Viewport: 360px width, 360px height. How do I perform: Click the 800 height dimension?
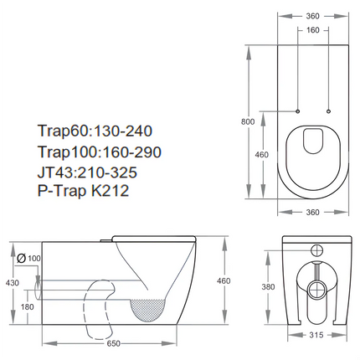point(247,122)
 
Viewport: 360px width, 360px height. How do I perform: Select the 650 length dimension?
point(112,343)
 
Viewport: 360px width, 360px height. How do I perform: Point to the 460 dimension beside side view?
point(223,281)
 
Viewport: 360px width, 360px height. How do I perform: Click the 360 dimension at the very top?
point(313,14)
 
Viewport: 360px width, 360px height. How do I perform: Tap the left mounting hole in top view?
point(298,111)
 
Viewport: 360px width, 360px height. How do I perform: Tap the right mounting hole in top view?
point(328,111)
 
